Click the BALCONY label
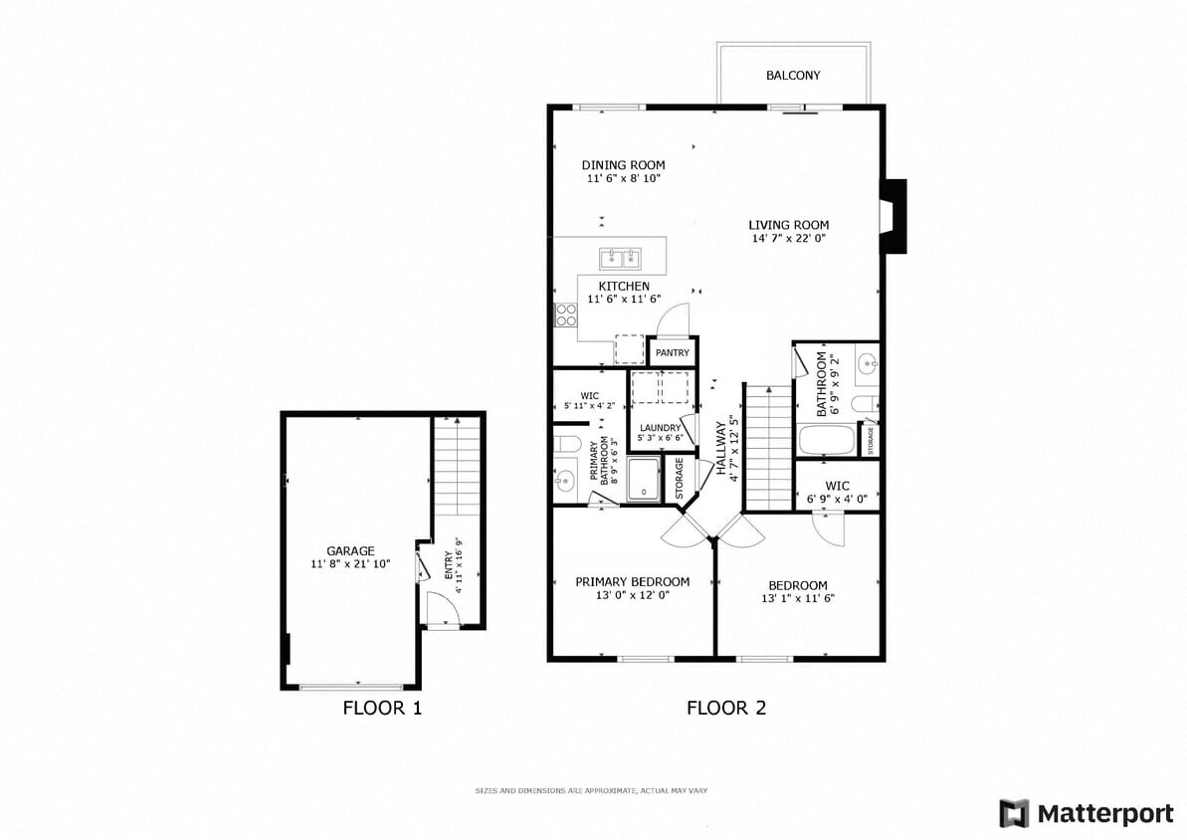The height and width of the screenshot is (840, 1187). (793, 76)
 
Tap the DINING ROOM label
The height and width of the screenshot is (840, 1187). (623, 165)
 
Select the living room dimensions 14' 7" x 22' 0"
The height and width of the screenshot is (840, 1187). (788, 239)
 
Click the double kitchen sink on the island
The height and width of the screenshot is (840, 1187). (621, 260)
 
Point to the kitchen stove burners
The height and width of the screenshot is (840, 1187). (566, 315)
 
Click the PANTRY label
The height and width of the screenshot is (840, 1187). (673, 353)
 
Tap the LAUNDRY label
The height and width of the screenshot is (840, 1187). (661, 428)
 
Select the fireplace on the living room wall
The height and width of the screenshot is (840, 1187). (893, 216)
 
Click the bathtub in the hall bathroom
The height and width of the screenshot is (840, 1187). (825, 440)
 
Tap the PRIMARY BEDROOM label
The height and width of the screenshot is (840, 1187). (632, 582)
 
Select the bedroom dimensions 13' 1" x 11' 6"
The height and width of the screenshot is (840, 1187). (797, 599)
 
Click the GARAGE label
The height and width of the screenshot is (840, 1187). (350, 550)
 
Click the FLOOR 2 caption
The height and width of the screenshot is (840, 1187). (726, 709)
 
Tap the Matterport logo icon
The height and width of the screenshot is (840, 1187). (1014, 813)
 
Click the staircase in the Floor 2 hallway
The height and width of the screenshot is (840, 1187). (767, 448)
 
